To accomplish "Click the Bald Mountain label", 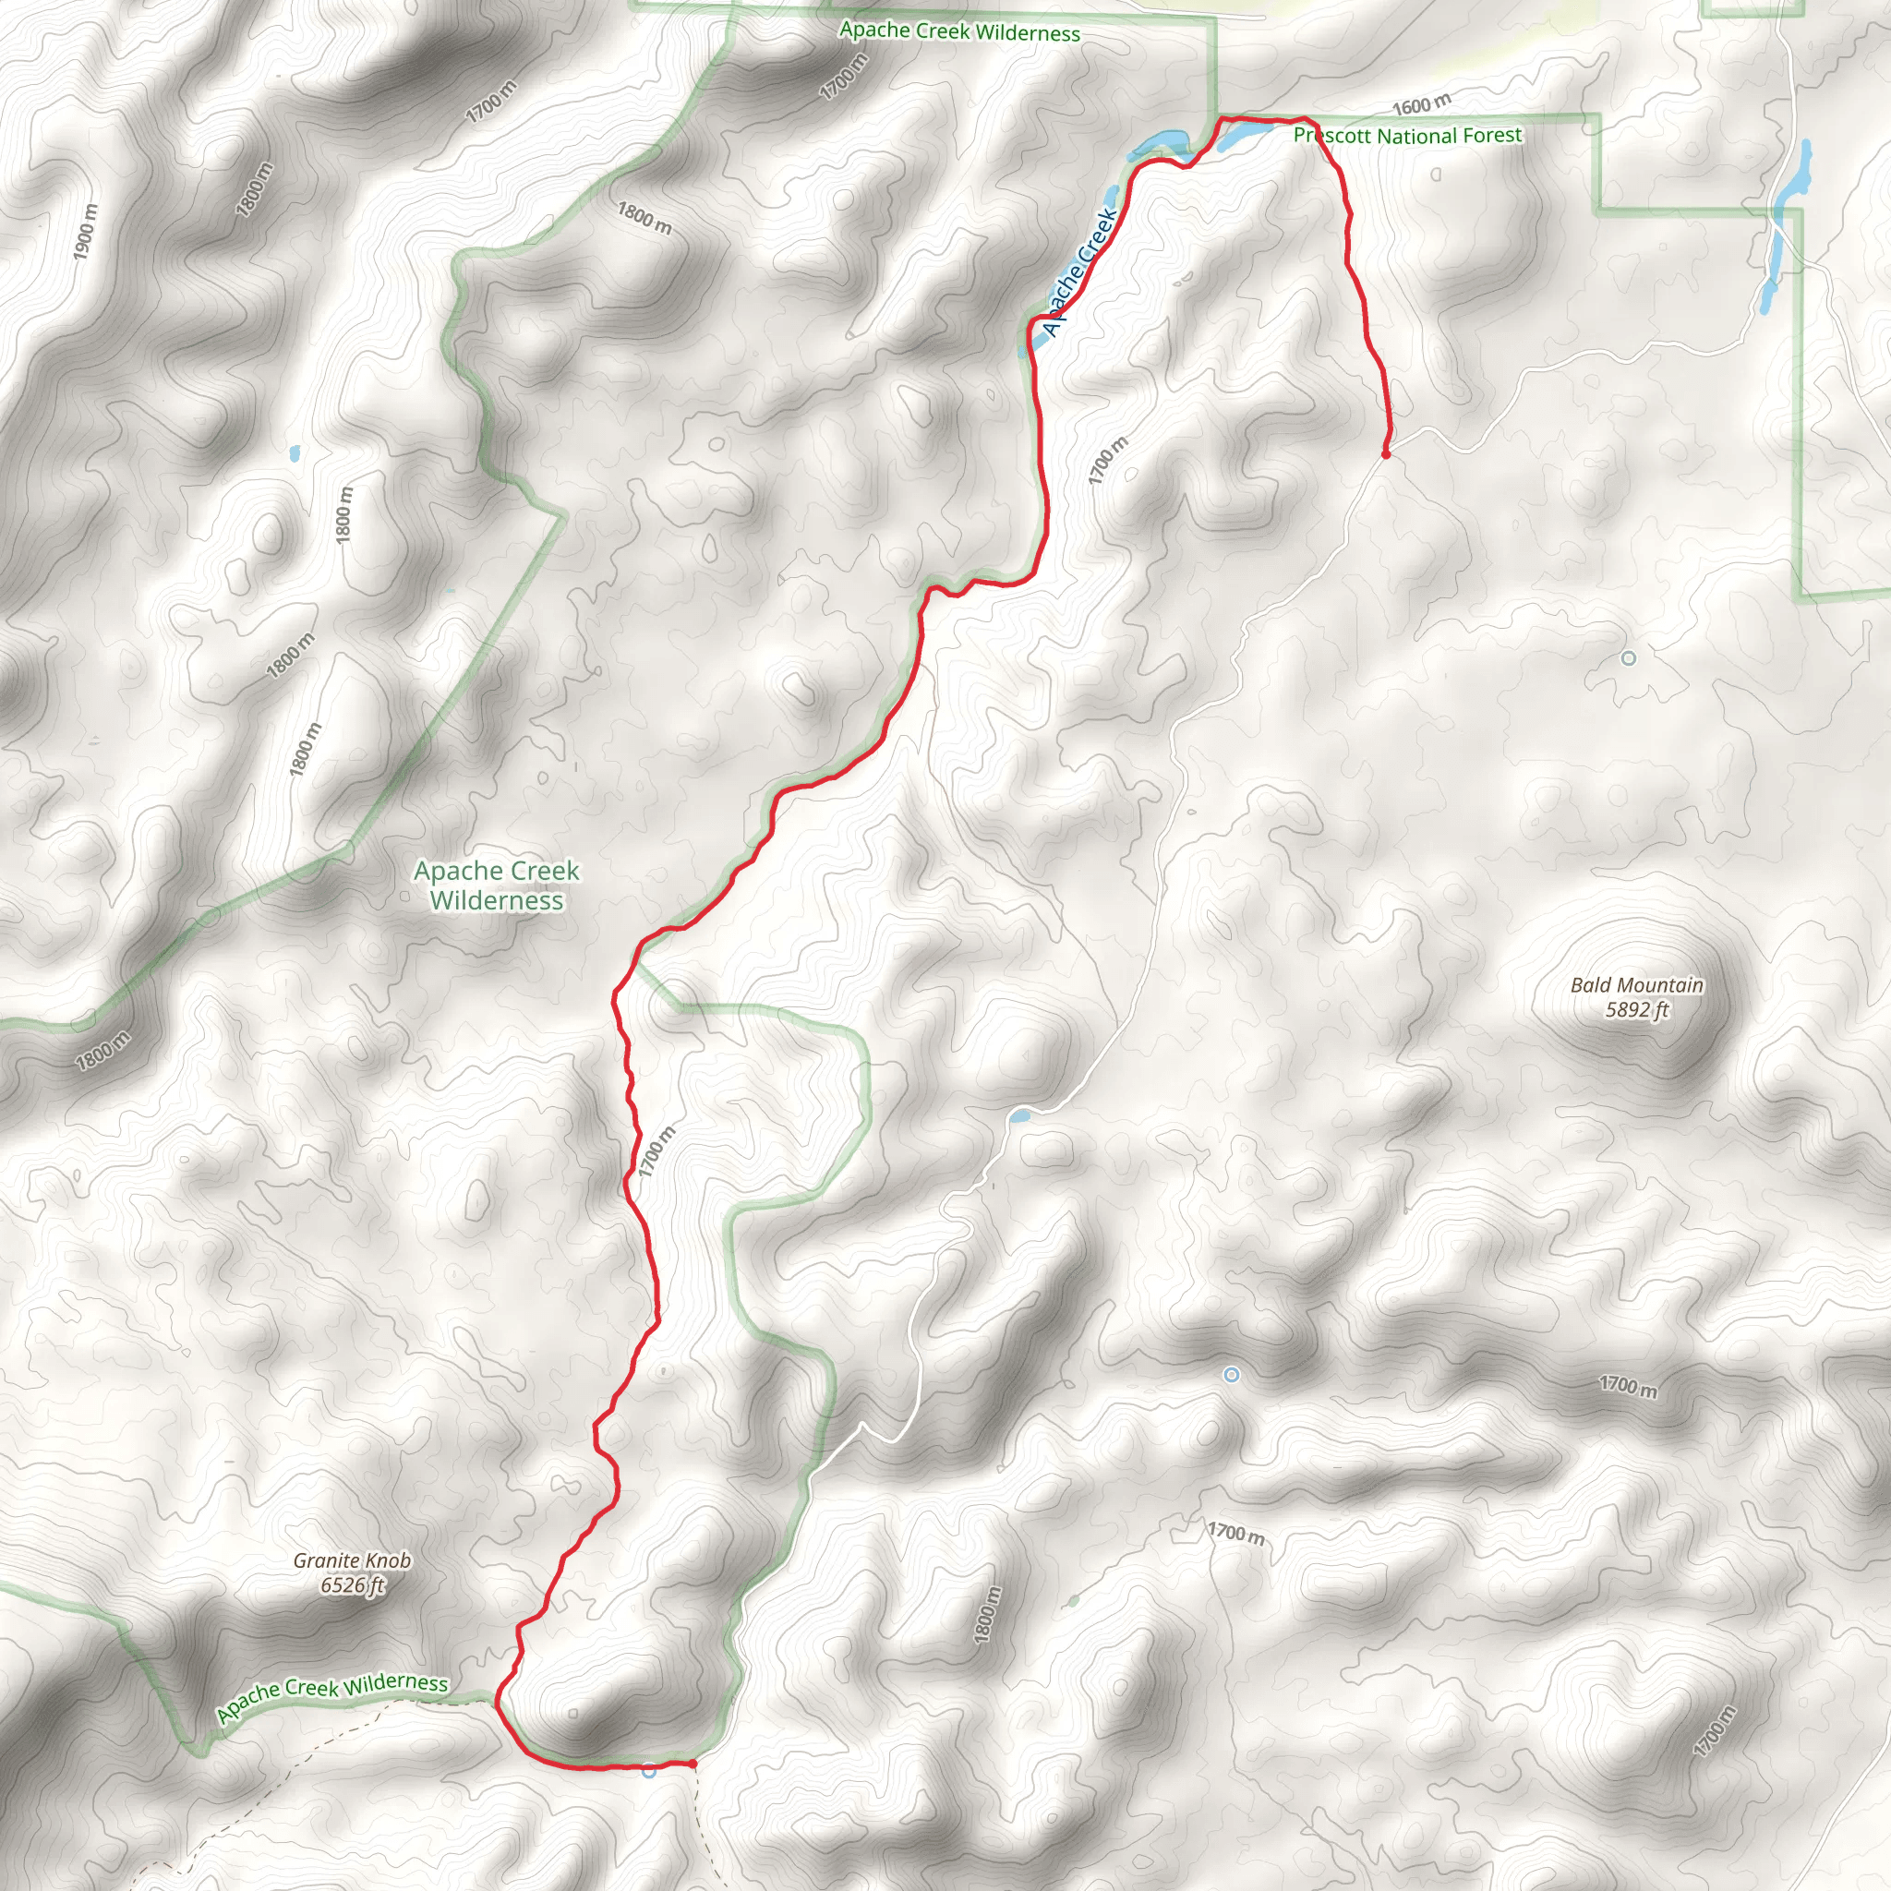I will pyautogui.click(x=1636, y=984).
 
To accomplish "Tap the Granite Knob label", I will pyautogui.click(x=352, y=1560).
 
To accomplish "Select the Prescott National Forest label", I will pyautogui.click(x=1407, y=135).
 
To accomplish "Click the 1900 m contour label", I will pyautogui.click(x=86, y=231).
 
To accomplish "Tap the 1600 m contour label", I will pyautogui.click(x=1421, y=103).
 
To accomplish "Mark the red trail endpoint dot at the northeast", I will pyautogui.click(x=1386, y=453).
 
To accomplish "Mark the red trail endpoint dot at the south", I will pyautogui.click(x=693, y=1764).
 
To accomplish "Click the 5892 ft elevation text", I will pyautogui.click(x=1636, y=1010).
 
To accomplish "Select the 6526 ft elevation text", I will pyautogui.click(x=352, y=1585).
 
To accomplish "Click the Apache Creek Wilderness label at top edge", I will pyautogui.click(x=959, y=31).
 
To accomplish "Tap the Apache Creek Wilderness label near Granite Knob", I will pyautogui.click(x=331, y=1696).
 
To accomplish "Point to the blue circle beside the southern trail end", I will pyautogui.click(x=649, y=1770).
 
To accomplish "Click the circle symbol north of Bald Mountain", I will pyautogui.click(x=1629, y=658).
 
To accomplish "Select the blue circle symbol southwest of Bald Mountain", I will pyautogui.click(x=1232, y=1375).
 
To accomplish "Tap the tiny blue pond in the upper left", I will pyautogui.click(x=295, y=454).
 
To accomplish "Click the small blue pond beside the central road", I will pyautogui.click(x=1019, y=1115).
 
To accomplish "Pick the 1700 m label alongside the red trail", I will pyautogui.click(x=656, y=1151).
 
